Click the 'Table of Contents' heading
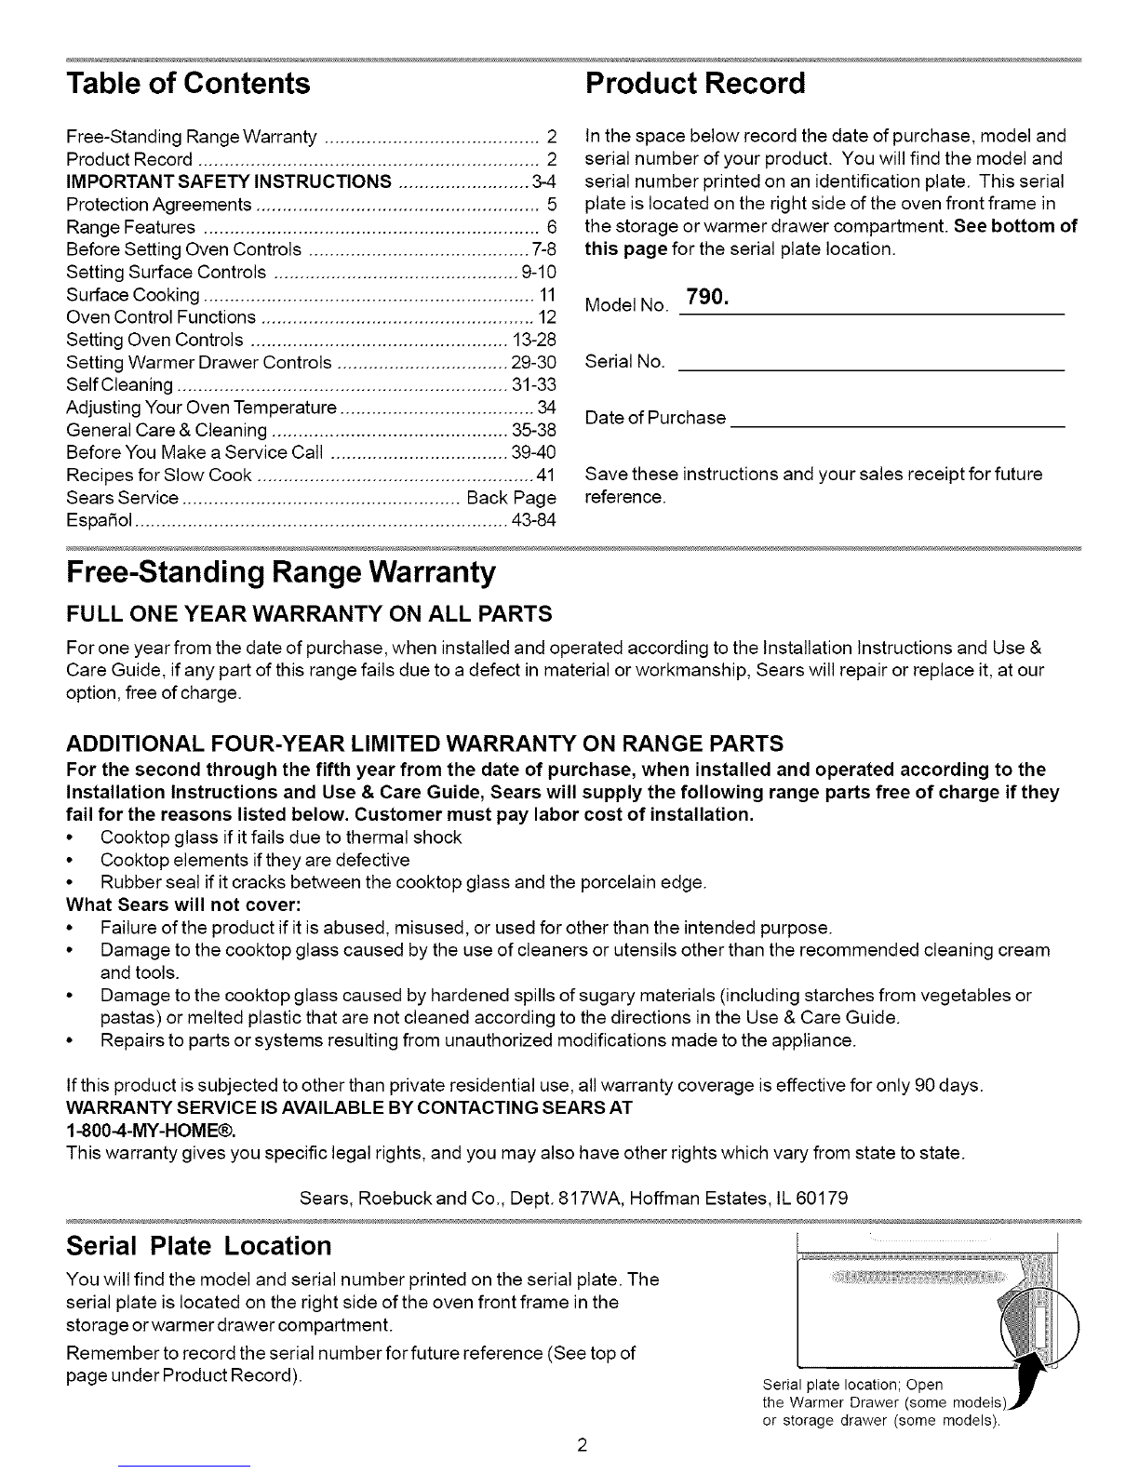pos(188,84)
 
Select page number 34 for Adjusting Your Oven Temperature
pos(546,408)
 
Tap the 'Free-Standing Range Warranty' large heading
pos(279,572)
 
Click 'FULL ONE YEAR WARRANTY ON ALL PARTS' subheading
pos(310,614)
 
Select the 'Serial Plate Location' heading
pos(199,1246)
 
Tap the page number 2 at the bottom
pos(581,1446)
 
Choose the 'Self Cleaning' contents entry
pos(120,385)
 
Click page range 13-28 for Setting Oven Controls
pos(534,340)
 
